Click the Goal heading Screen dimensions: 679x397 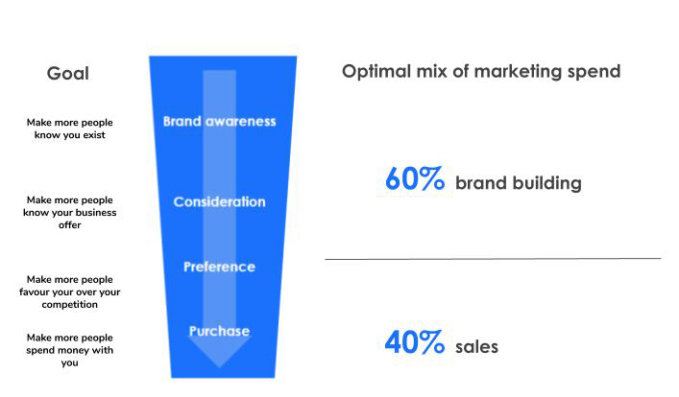[68, 74]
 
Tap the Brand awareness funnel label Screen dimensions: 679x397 [220, 122]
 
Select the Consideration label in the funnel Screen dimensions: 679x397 [220, 201]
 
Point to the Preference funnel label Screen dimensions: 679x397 [220, 267]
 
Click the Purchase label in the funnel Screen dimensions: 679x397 [220, 331]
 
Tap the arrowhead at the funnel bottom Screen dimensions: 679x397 [220, 353]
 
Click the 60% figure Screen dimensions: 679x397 [415, 178]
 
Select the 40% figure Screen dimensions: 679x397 [415, 342]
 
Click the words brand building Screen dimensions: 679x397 [519, 183]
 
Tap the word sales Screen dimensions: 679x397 [476, 347]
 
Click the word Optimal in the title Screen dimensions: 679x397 [376, 72]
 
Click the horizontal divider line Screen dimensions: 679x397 [494, 259]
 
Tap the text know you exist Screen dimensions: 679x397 [70, 135]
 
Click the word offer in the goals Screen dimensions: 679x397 [70, 225]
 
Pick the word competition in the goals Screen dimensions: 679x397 [70, 304]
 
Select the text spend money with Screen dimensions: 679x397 [70, 350]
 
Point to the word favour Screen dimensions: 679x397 [34, 292]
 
